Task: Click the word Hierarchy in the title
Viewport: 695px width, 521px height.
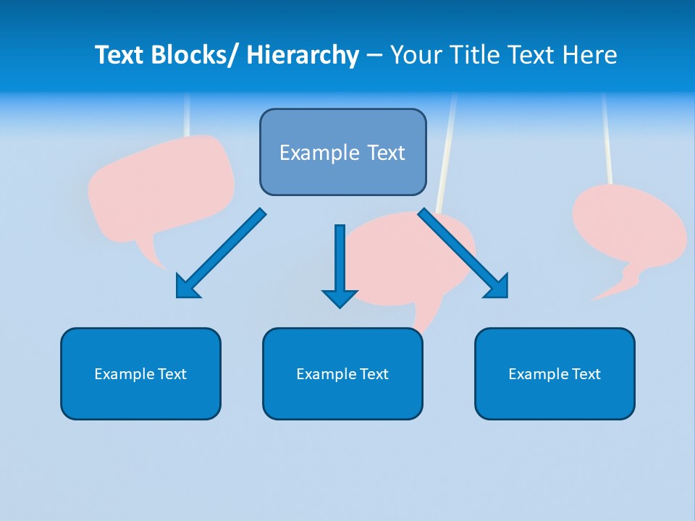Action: (x=303, y=55)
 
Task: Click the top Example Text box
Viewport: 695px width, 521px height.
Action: (x=342, y=153)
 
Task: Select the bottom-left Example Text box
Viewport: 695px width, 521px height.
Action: (x=140, y=374)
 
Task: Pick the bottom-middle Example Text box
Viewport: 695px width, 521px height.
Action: (x=342, y=374)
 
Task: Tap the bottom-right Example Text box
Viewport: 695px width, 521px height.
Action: (x=555, y=374)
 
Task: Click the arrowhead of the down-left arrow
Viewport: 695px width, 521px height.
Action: (x=185, y=288)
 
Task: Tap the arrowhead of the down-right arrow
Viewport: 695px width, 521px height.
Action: (x=499, y=288)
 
